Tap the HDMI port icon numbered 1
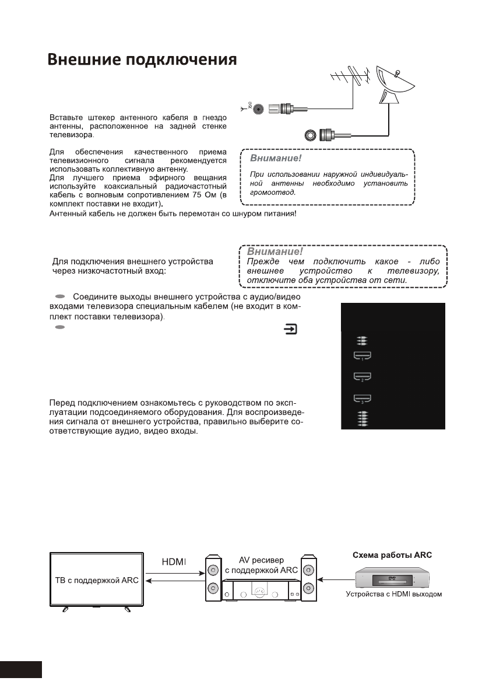363,355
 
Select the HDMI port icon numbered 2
363,377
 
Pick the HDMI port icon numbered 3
363,399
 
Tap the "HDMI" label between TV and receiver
173,561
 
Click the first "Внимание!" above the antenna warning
275,158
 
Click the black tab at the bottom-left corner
21,669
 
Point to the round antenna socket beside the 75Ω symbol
256,109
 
